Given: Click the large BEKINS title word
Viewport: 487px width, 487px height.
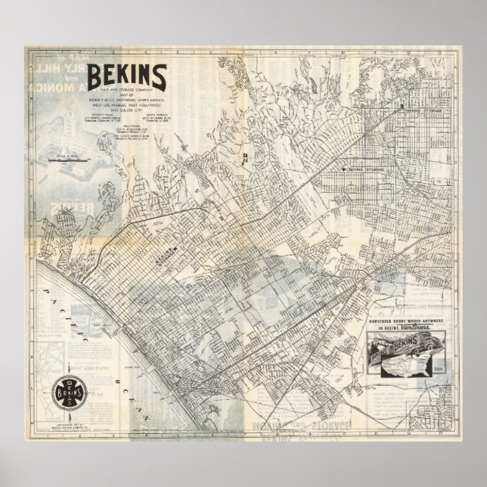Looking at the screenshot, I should [128, 76].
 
